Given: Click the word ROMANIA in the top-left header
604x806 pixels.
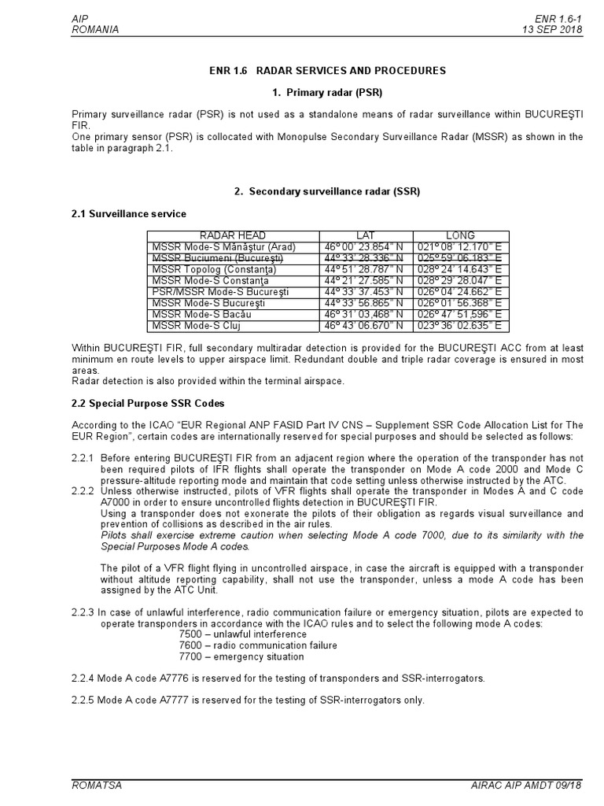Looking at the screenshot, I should pos(95,29).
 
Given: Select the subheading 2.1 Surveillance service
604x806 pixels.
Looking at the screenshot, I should pos(129,213).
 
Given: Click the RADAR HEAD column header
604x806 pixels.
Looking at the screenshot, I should pos(232,235).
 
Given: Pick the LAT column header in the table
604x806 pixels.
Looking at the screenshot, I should pos(366,235).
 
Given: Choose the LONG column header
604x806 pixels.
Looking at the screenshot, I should pos(461,235).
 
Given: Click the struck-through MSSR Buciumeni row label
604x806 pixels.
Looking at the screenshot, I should pos(217,257).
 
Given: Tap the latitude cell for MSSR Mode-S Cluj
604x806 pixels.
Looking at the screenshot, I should pos(365,325).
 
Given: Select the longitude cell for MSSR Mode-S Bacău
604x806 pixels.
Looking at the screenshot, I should pos(462,314).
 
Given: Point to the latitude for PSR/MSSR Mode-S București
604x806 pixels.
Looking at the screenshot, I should pos(365,291).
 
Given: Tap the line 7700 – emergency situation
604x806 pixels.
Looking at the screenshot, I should pos(241,656).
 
